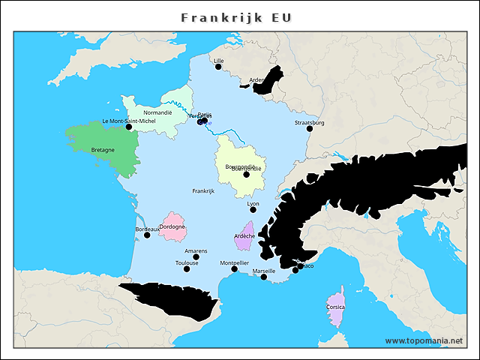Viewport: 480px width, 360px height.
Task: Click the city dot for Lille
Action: (x=219, y=67)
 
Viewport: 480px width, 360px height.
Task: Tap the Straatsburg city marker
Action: (x=309, y=128)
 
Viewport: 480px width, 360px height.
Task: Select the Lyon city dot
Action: (x=253, y=211)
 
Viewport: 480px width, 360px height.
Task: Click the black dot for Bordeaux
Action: (x=147, y=235)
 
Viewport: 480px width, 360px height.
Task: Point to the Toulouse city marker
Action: (x=187, y=269)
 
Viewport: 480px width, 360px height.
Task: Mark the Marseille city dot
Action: (x=263, y=277)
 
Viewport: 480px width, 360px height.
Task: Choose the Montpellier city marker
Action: (x=234, y=269)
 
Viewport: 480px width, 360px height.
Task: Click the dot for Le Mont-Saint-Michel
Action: (x=129, y=127)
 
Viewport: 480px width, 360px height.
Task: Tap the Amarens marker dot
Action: (x=196, y=257)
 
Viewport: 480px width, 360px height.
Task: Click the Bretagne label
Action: (x=103, y=150)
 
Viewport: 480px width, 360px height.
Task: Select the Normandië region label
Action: (x=157, y=112)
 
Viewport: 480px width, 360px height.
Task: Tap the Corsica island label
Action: (x=336, y=307)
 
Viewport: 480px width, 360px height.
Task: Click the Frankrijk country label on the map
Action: (x=203, y=191)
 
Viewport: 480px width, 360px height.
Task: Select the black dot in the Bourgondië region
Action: (x=246, y=175)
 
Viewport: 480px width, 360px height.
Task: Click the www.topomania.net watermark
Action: (x=424, y=340)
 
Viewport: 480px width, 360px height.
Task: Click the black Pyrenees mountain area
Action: (x=172, y=298)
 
